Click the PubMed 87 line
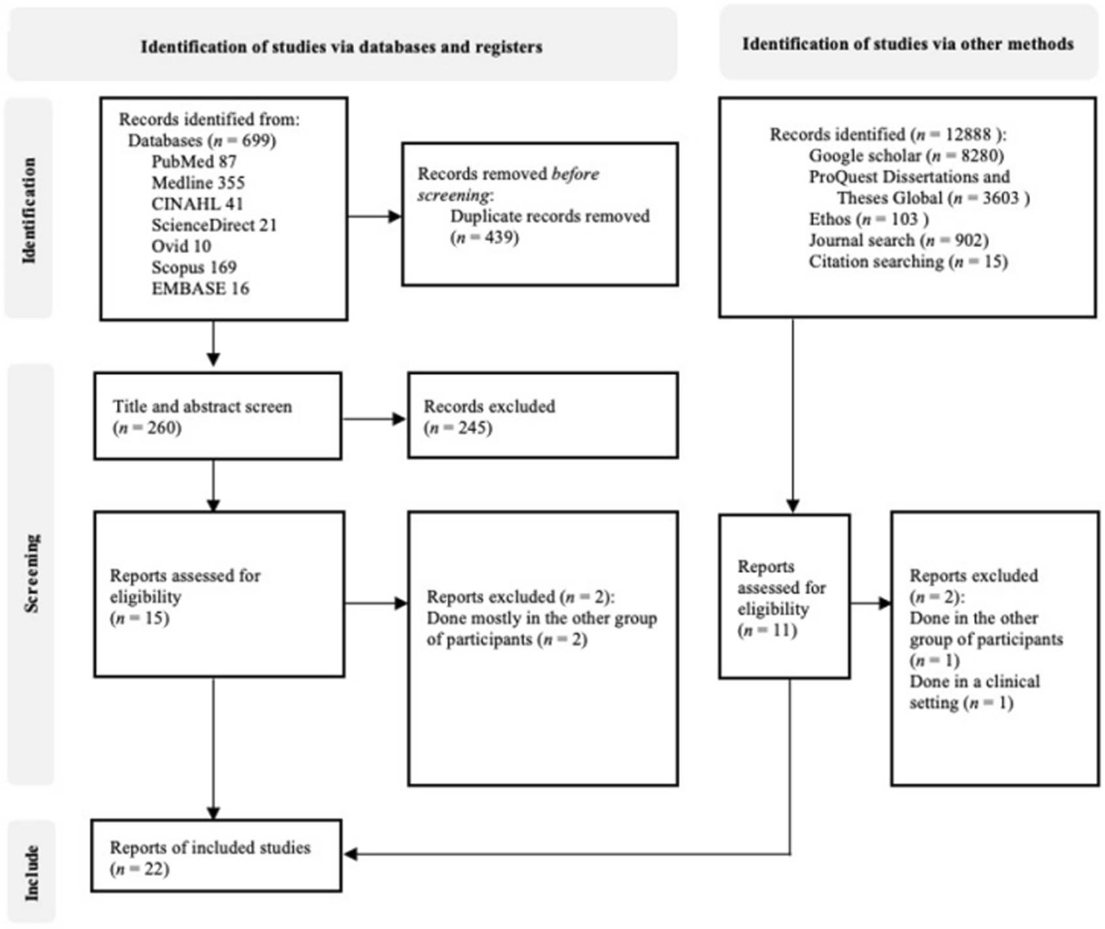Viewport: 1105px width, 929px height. click(x=193, y=161)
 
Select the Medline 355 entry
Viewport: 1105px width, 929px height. click(x=198, y=183)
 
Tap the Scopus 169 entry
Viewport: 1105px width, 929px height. click(x=194, y=267)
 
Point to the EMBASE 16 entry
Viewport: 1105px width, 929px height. click(x=200, y=289)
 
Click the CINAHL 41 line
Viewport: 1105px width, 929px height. click(x=197, y=204)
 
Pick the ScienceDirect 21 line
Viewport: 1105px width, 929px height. click(x=214, y=225)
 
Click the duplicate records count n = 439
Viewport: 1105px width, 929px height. click(x=485, y=238)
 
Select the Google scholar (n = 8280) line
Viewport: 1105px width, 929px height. click(x=906, y=156)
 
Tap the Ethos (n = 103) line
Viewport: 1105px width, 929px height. click(x=868, y=219)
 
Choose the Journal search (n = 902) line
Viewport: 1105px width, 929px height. click(x=898, y=240)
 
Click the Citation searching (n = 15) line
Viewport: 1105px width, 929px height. click(x=908, y=262)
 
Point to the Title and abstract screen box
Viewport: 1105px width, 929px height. click(x=217, y=416)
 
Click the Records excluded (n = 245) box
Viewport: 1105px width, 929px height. click(x=542, y=416)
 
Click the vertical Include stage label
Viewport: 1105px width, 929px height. click(x=31, y=873)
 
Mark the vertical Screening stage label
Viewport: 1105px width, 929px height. click(x=31, y=573)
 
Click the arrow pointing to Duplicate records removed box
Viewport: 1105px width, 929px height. click(x=375, y=216)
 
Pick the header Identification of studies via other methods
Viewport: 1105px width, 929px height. click(x=908, y=44)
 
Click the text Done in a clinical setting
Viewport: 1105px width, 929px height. click(x=974, y=692)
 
